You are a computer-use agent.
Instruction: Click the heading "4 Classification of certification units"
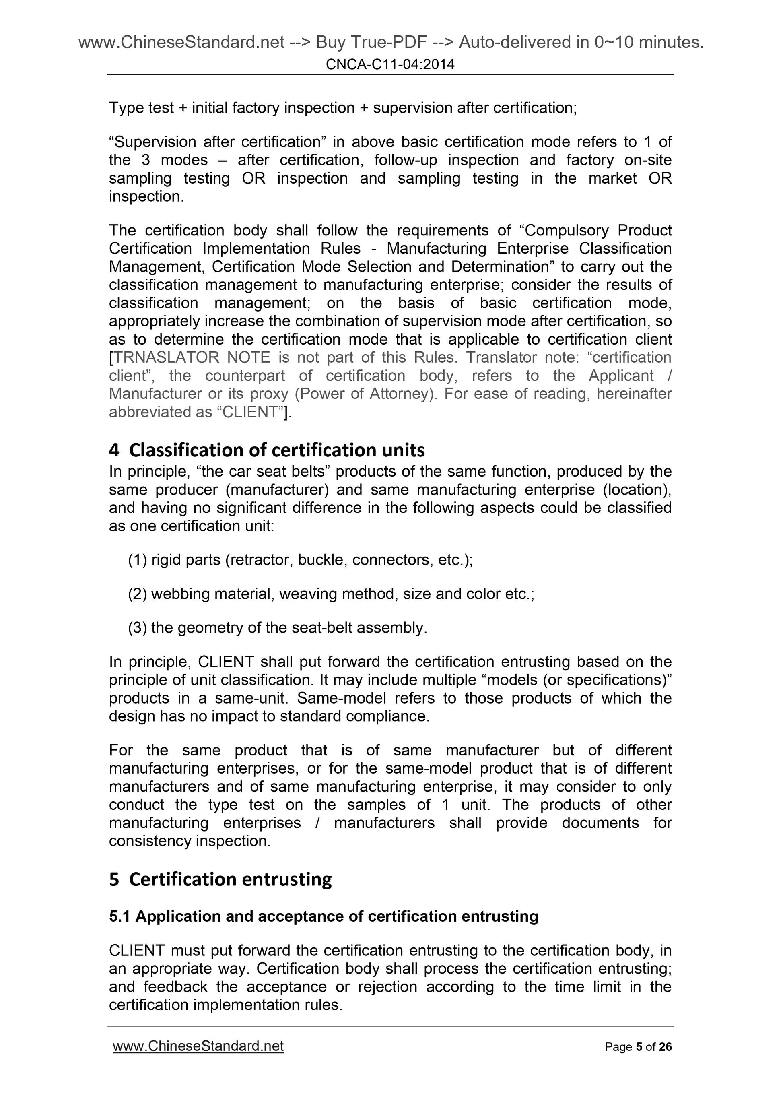tap(267, 450)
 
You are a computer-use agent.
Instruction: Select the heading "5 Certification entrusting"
tap(220, 879)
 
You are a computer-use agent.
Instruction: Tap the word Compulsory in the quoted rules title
tap(567, 231)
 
